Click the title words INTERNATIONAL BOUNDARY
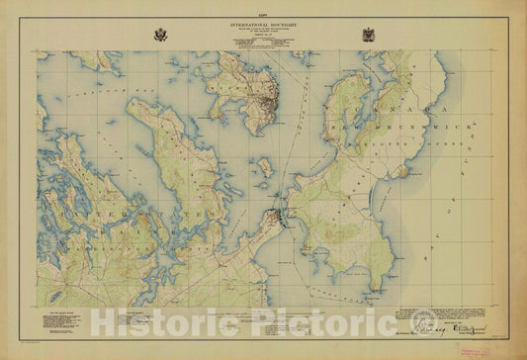tap(263, 20)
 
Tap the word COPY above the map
tap(263, 8)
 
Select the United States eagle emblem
tap(159, 35)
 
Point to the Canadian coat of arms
tap(368, 35)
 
